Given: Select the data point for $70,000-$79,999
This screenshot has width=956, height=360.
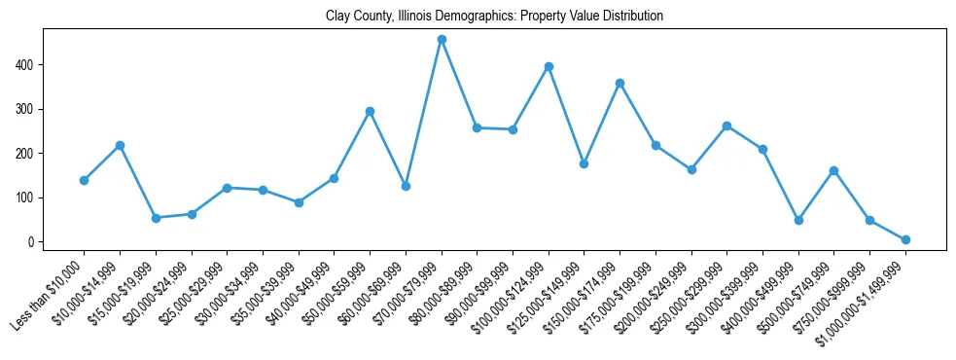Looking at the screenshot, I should [x=442, y=40].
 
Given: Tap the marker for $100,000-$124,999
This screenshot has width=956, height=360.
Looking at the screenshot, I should [x=549, y=66].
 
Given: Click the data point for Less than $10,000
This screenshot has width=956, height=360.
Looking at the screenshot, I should [x=84, y=180].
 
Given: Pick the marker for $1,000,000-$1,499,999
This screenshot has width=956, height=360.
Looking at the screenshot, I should [x=905, y=239].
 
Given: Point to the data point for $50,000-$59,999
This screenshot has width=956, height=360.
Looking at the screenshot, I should [x=370, y=111].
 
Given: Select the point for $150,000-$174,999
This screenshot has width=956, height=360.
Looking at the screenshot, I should [x=620, y=83].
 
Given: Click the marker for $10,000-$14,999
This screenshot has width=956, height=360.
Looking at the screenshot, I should [x=120, y=145].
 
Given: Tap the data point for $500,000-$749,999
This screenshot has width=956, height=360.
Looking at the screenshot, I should [x=833, y=170].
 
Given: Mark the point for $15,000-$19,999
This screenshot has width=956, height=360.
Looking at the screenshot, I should [x=156, y=218].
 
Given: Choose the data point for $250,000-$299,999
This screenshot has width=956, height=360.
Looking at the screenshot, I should [x=726, y=126].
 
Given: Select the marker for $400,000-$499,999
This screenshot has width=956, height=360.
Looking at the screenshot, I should [x=798, y=220].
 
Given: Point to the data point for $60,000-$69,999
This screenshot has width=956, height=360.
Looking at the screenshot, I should [x=406, y=186].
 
